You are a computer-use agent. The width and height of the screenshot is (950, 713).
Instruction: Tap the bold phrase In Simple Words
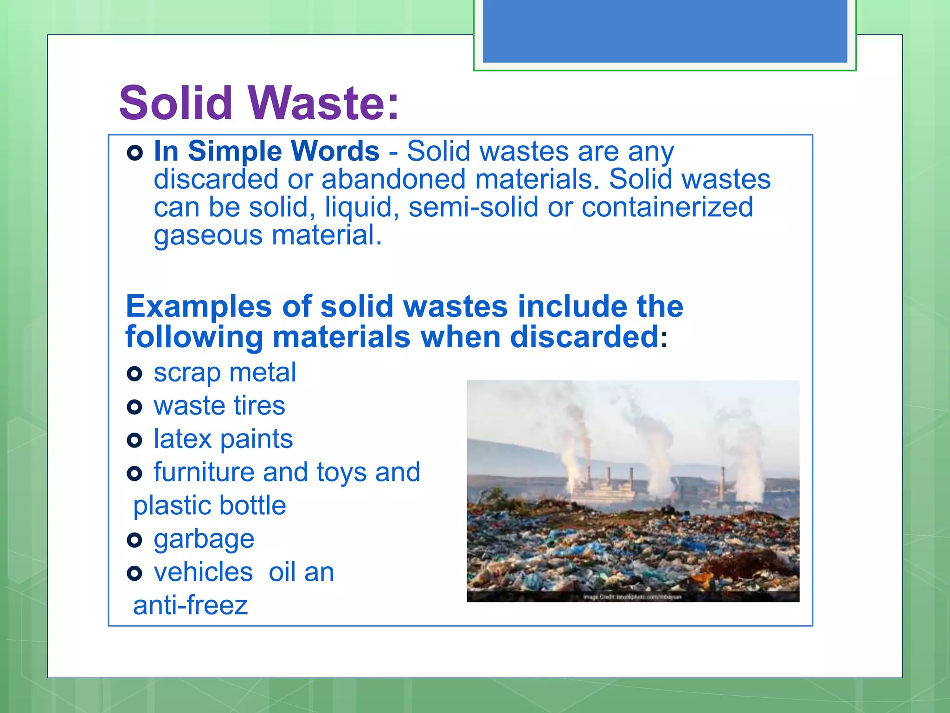click(x=266, y=151)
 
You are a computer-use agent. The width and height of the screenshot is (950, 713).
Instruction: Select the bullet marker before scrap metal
click(x=134, y=373)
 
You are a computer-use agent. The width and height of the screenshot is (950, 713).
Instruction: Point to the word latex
click(x=182, y=439)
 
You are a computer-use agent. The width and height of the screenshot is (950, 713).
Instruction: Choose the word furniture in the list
click(x=204, y=472)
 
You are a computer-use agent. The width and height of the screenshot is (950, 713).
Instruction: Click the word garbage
click(x=204, y=540)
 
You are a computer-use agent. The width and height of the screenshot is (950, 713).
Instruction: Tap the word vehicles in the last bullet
click(x=203, y=572)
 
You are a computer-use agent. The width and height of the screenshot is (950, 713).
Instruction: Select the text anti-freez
click(x=190, y=605)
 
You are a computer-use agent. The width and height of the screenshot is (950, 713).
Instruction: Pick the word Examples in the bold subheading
click(x=199, y=306)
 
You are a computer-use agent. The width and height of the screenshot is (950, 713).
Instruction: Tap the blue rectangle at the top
click(x=665, y=31)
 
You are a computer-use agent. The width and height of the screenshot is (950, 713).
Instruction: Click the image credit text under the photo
click(x=632, y=597)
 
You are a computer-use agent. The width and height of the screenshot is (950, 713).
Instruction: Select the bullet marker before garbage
click(x=134, y=540)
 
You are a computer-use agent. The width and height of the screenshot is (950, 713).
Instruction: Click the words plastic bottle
click(x=209, y=506)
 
